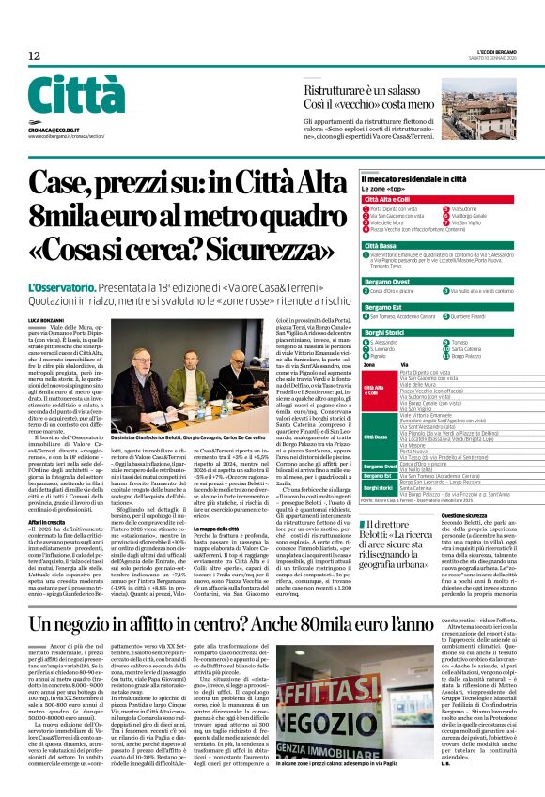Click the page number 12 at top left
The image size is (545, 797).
(34, 56)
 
